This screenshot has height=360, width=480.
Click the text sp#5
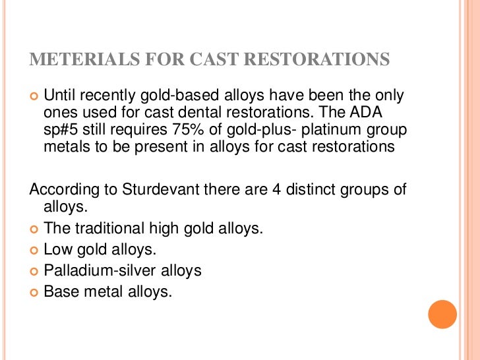pyautogui.click(x=60, y=130)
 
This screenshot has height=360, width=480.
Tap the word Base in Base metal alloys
pyautogui.click(x=59, y=291)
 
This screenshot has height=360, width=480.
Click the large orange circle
pyautogui.click(x=442, y=315)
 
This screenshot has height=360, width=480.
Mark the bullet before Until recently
pyautogui.click(x=34, y=96)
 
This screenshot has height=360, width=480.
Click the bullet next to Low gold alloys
pyautogui.click(x=34, y=251)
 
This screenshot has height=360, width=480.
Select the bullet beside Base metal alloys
pyautogui.click(x=34, y=291)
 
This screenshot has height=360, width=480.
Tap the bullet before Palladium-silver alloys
pyautogui.click(x=34, y=271)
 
